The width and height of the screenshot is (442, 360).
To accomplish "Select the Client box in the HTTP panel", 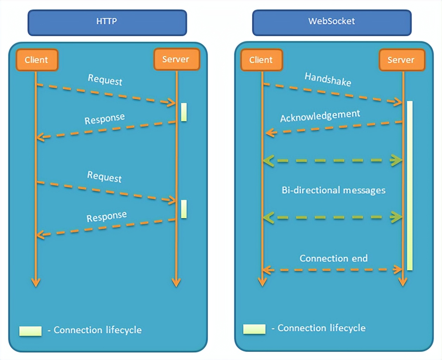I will (x=37, y=60).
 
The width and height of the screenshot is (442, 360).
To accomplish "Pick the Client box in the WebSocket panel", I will (x=261, y=60).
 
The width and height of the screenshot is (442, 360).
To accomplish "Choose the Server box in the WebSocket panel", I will (x=401, y=60).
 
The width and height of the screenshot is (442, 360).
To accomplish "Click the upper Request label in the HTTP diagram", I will (x=105, y=80).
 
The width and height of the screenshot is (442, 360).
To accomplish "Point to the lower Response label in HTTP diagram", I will (x=107, y=217).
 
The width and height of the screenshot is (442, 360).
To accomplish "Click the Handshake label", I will (x=328, y=79).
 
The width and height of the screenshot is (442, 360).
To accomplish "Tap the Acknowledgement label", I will (x=320, y=116).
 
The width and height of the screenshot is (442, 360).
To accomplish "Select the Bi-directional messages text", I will (x=333, y=191).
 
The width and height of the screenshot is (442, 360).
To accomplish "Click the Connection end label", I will (x=333, y=259).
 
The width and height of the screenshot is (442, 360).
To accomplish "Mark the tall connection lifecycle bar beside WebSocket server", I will (x=410, y=186).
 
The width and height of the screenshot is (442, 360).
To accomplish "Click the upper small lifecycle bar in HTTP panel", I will (x=184, y=112).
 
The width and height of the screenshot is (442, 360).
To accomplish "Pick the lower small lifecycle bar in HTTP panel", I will (x=184, y=209).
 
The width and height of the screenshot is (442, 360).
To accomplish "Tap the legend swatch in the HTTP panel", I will (x=30, y=331).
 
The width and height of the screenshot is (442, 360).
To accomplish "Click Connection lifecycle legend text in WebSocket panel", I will (x=321, y=328).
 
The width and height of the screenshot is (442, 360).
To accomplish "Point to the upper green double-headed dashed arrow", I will (x=333, y=161).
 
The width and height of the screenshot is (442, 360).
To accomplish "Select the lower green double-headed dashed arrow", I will (x=333, y=217).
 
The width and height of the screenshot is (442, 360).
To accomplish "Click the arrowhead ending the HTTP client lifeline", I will (x=36, y=282).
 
